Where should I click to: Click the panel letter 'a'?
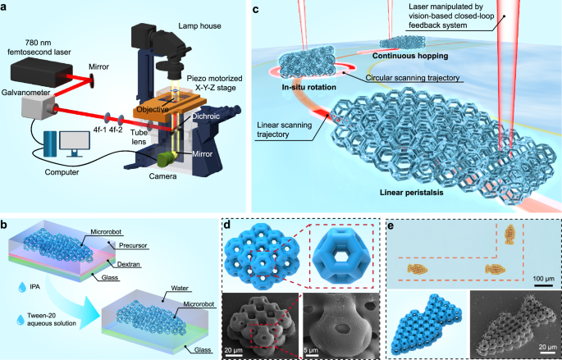tap(7, 10)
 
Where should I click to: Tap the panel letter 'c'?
tap(257, 10)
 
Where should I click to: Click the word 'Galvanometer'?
tap(27, 117)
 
